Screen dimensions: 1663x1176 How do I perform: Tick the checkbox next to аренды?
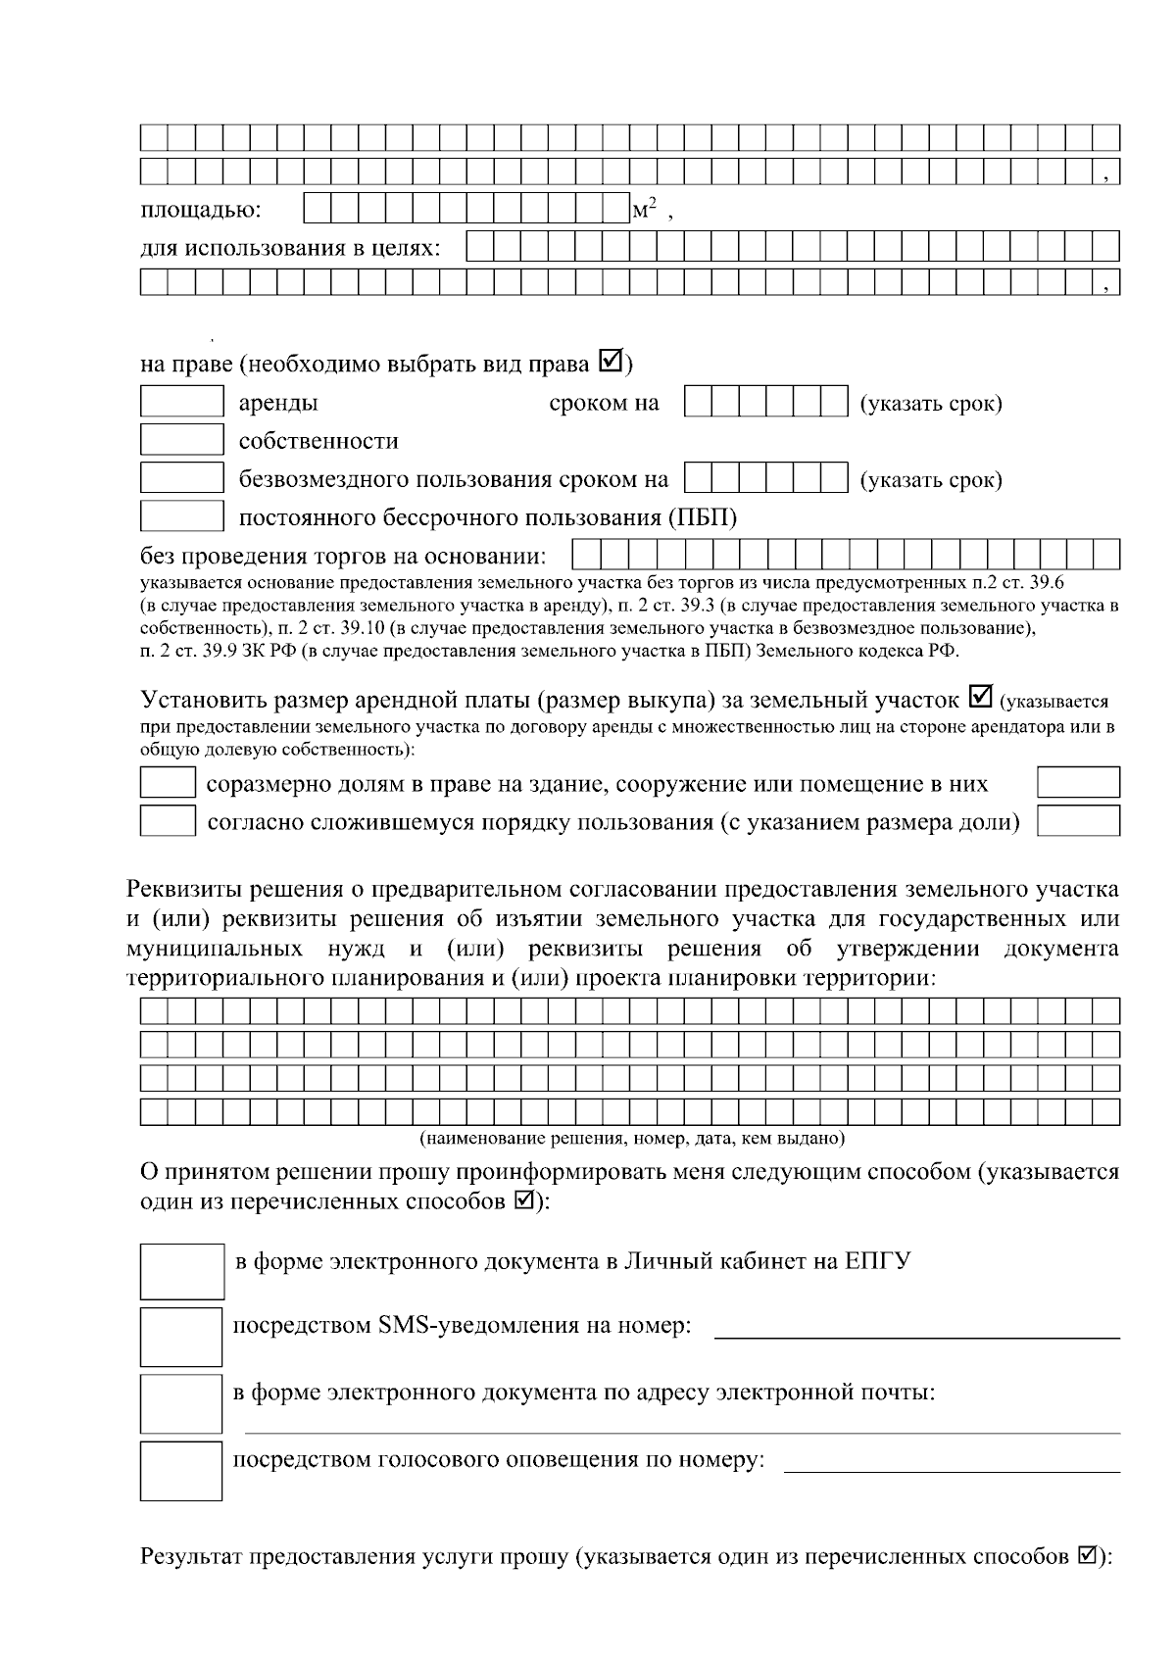pyautogui.click(x=182, y=403)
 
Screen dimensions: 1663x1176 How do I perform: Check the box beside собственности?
pyautogui.click(x=182, y=440)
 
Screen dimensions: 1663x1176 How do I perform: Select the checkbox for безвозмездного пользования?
pyautogui.click(x=182, y=478)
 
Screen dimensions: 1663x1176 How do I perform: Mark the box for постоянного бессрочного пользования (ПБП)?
pyautogui.click(x=182, y=516)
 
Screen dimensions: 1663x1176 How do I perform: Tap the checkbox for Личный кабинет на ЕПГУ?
pyautogui.click(x=182, y=1271)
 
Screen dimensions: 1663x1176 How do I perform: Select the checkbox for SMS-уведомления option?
pyautogui.click(x=181, y=1336)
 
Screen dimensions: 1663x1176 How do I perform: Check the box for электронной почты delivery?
pyautogui.click(x=181, y=1402)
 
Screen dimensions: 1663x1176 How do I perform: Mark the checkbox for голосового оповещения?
pyautogui.click(x=181, y=1470)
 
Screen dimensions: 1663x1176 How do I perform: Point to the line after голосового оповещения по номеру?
pyautogui.click(x=952, y=1469)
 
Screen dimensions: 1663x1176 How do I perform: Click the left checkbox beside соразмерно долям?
pyautogui.click(x=168, y=783)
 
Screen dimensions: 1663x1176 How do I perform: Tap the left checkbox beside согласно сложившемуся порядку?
pyautogui.click(x=168, y=821)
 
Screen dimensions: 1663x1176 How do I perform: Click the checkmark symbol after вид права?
pyautogui.click(x=610, y=363)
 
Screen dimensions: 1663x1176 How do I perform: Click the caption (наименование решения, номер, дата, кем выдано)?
pyautogui.click(x=632, y=1139)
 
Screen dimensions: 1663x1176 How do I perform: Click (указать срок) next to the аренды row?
pyautogui.click(x=930, y=404)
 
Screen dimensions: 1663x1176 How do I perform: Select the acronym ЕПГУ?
pyautogui.click(x=877, y=1260)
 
